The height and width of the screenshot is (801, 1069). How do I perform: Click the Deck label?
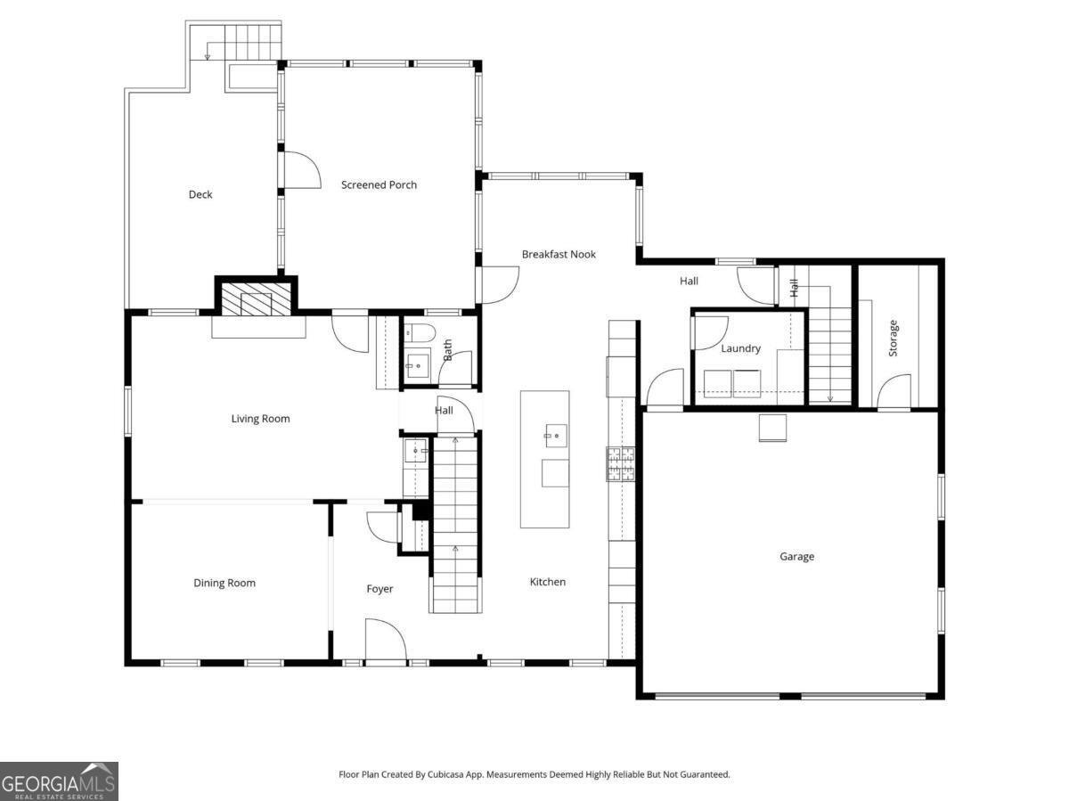pyautogui.click(x=200, y=195)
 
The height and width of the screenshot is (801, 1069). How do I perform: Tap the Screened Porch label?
pyautogui.click(x=379, y=185)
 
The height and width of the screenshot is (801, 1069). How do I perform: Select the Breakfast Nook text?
pyautogui.click(x=559, y=254)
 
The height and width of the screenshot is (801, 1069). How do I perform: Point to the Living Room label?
pyautogui.click(x=260, y=419)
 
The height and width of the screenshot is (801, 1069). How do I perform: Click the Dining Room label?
pyautogui.click(x=224, y=583)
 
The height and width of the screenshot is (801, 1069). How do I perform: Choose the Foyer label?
pyautogui.click(x=379, y=589)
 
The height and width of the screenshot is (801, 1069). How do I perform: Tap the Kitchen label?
pyautogui.click(x=548, y=582)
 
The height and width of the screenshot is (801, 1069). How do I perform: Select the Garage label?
pyautogui.click(x=796, y=557)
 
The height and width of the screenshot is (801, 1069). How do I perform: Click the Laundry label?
pyautogui.click(x=741, y=348)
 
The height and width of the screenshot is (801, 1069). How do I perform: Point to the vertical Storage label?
pyautogui.click(x=894, y=338)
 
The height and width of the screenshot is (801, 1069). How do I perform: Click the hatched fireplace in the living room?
pyautogui.click(x=257, y=298)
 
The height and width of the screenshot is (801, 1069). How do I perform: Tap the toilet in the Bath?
pyautogui.click(x=420, y=333)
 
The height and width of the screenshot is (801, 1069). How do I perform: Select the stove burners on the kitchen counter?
pyautogui.click(x=620, y=464)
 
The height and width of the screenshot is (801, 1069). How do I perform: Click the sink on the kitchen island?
pyautogui.click(x=556, y=435)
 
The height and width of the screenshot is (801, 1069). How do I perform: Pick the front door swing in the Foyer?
pyautogui.click(x=386, y=639)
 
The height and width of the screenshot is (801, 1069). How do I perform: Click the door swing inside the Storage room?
pyautogui.click(x=894, y=390)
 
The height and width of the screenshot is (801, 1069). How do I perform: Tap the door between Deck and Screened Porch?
pyautogui.click(x=302, y=169)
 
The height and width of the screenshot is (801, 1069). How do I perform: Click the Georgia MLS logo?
pyautogui.click(x=59, y=781)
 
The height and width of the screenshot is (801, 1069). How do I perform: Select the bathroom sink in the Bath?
pyautogui.click(x=418, y=364)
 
